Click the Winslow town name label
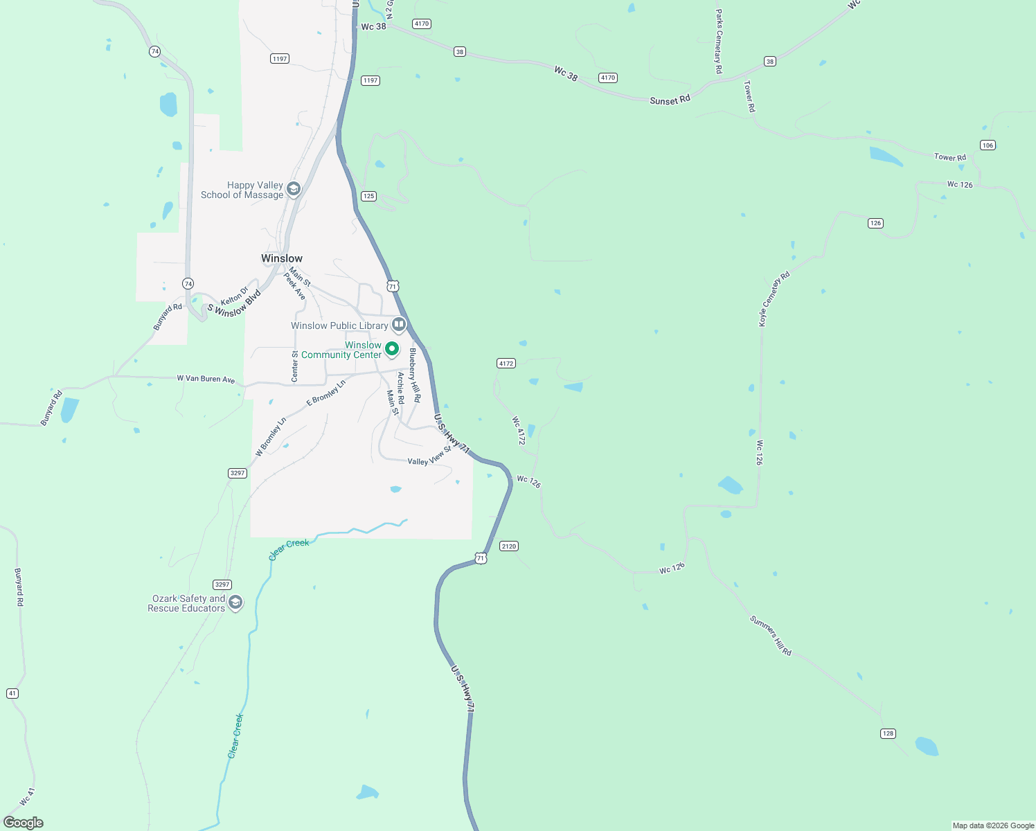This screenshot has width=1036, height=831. coord(282,258)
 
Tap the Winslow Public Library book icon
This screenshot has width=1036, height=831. coord(398,324)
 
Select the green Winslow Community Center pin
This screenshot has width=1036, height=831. coord(392,348)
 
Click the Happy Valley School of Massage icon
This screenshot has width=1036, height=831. coord(294,189)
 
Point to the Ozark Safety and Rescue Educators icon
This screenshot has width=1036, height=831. coord(235,602)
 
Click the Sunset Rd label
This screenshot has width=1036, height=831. coord(670,100)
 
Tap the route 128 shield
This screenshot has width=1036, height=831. coord(888,733)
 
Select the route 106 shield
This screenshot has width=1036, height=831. coord(988,145)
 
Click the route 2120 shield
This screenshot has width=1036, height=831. coord(509,546)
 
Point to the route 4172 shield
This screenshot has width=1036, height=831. coord(506,364)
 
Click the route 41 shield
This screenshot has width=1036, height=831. coord(12,693)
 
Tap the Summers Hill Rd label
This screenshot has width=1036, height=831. coord(770,635)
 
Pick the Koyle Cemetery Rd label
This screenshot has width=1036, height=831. coord(774,299)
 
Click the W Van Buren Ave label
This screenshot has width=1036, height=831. coord(206,379)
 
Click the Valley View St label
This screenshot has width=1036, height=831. coord(429,457)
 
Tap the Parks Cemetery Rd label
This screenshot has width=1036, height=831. coord(719,42)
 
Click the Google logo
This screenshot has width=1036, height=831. coord(24,823)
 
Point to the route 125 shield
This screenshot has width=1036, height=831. coord(368,196)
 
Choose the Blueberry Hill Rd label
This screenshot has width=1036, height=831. coord(414,375)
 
